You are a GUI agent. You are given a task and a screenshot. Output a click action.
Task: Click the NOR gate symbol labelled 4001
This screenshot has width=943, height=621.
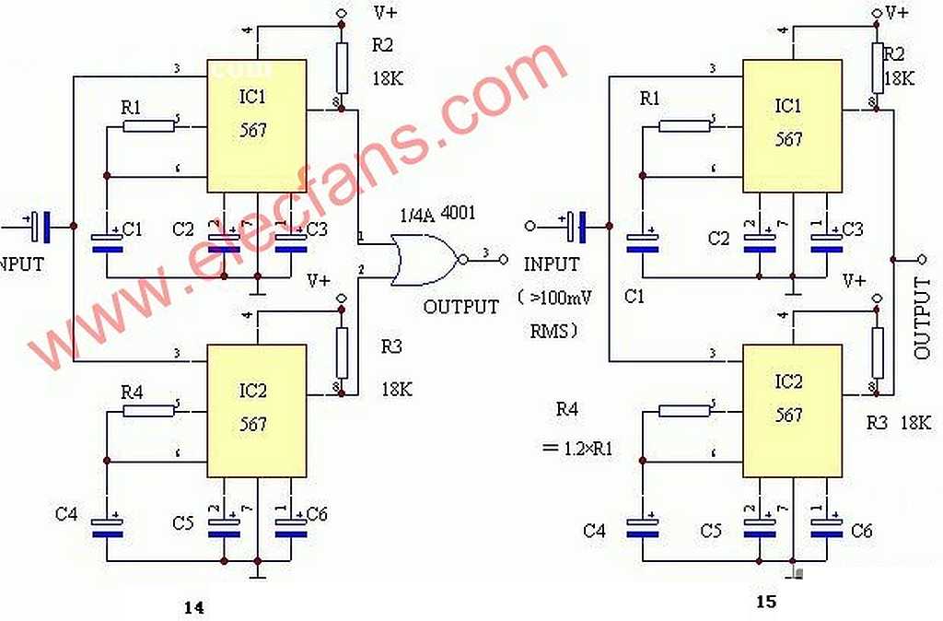point(423,260)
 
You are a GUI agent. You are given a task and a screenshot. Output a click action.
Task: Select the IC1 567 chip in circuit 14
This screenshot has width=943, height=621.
point(256,125)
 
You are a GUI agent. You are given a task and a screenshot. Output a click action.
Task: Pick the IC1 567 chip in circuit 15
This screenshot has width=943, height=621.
point(791,125)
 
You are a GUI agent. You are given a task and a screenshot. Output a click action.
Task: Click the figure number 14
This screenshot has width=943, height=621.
point(193,607)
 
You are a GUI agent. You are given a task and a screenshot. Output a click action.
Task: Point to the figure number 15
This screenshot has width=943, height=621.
point(766,602)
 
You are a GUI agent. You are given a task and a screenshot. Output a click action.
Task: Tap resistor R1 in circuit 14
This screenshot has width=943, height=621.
point(148,124)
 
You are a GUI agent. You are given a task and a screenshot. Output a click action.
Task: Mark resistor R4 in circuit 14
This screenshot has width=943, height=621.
point(148,408)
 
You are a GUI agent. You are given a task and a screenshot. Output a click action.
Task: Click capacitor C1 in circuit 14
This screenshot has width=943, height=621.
point(107,241)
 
